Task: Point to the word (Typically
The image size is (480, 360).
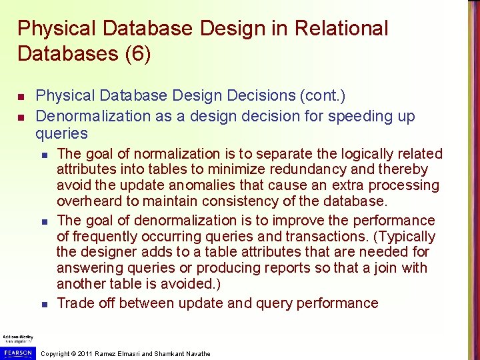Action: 404,236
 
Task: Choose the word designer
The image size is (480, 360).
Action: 113,252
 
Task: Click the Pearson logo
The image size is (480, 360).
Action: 18,351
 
